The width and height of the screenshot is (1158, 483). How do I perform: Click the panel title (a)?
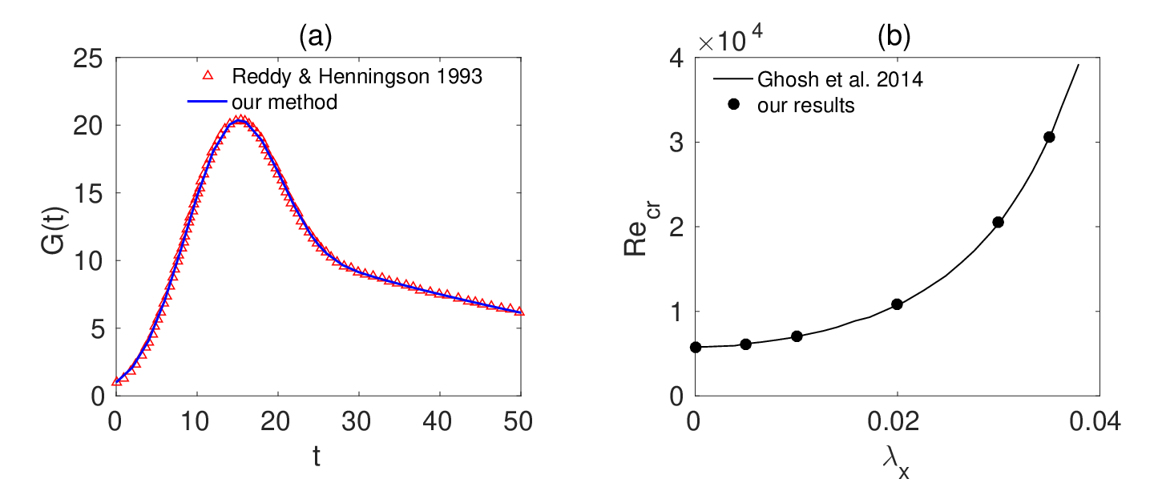coord(316,37)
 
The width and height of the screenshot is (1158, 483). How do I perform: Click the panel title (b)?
coord(894,37)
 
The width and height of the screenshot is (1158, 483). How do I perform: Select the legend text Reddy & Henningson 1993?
coord(357,76)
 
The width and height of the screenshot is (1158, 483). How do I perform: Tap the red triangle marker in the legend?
coord(208,76)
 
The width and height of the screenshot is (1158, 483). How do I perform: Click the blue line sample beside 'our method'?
coord(207,102)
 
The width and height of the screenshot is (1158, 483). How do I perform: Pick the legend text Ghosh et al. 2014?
coord(840,79)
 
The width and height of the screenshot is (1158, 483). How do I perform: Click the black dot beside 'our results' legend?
coord(733,104)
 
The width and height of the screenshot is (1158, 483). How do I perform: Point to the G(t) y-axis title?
coord(54,231)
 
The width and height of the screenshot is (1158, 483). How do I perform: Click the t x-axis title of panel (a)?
coord(317,457)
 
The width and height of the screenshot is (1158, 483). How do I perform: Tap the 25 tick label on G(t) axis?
coord(88,59)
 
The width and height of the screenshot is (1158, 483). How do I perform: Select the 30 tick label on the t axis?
coord(357,421)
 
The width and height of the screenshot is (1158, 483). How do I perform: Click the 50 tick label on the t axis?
coord(518,421)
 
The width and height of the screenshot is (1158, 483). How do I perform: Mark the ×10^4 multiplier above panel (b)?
coord(730,38)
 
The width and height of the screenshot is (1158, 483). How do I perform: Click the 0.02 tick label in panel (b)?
coord(894,421)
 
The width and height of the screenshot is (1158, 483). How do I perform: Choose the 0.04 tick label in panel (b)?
coord(1095,421)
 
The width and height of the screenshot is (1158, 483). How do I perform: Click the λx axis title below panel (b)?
coord(896,463)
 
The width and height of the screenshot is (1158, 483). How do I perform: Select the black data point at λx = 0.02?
coord(897,304)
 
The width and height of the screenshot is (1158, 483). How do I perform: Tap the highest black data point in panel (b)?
coord(1049,137)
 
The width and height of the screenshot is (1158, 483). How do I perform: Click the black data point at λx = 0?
coord(696,347)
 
